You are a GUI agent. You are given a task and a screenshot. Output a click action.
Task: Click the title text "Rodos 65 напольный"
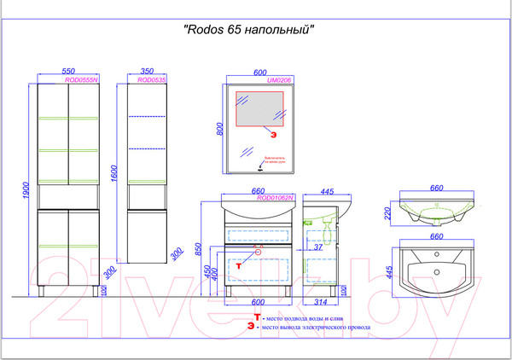(250, 28)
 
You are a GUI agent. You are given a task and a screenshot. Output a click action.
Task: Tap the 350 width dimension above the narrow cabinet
(147, 73)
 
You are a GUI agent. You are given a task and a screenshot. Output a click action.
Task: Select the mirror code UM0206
(279, 80)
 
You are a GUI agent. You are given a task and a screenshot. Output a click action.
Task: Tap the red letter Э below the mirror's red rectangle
(274, 136)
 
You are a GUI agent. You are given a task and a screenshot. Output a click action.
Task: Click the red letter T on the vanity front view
(239, 267)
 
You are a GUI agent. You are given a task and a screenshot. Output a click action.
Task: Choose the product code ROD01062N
(276, 197)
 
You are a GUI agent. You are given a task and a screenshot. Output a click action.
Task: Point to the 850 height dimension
(197, 251)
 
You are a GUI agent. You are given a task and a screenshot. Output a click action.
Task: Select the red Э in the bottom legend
(250, 326)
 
